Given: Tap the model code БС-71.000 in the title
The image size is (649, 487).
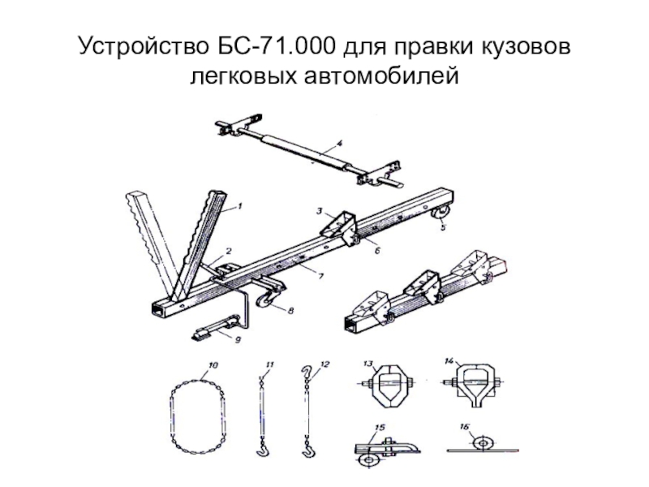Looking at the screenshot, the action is click(x=272, y=46).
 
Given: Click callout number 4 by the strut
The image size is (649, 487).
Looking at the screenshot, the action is click(x=340, y=143).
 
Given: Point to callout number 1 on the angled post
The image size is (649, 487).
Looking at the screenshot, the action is click(x=240, y=208).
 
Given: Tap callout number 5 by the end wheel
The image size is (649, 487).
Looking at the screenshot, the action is click(x=443, y=229).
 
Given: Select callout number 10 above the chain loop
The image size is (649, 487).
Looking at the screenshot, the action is click(x=213, y=366).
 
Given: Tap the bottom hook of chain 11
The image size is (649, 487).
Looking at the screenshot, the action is click(x=264, y=446).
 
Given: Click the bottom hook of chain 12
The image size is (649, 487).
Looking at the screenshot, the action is click(x=308, y=446).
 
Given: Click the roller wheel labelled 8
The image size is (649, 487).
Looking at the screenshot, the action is click(x=265, y=301).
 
